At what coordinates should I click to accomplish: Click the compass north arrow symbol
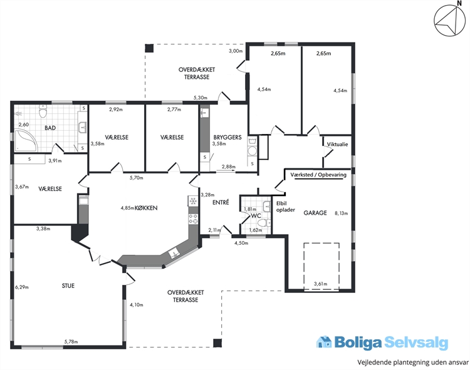449,21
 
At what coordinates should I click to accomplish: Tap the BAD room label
50,128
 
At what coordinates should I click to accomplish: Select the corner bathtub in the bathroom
26,140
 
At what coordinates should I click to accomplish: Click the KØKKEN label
146,208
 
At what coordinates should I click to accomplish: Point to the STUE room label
68,286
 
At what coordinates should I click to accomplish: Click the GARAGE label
315,213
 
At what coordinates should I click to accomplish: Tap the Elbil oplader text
285,207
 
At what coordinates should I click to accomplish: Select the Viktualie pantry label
338,144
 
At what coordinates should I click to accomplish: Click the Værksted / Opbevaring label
318,175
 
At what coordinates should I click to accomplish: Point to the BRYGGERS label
227,137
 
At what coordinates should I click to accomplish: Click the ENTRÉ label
221,202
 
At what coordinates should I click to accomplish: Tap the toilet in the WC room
264,223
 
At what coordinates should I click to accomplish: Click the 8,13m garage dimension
341,213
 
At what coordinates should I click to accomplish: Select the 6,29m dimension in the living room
22,287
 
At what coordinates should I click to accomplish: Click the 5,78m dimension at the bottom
71,342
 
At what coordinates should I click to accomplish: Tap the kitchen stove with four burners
193,219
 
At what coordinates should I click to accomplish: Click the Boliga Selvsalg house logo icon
324,342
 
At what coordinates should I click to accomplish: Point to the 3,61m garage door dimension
320,284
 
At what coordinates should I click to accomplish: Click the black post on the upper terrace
149,48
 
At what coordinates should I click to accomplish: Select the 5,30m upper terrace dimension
201,98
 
